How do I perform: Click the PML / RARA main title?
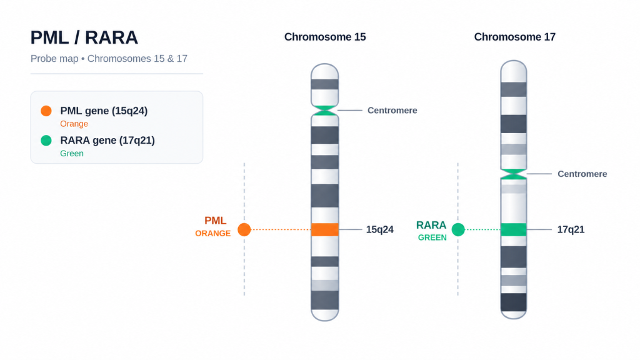(x=84, y=37)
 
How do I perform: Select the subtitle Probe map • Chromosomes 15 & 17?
(x=109, y=59)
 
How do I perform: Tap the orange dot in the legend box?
(x=46, y=111)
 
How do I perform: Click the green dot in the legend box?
(x=46, y=141)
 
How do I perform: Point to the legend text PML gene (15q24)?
(x=104, y=111)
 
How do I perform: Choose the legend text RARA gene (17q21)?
(x=107, y=141)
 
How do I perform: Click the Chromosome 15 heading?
(x=325, y=37)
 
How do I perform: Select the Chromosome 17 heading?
(x=515, y=37)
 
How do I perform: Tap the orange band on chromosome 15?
(x=325, y=229)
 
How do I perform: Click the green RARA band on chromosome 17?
(x=514, y=229)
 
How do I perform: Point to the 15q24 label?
(x=379, y=229)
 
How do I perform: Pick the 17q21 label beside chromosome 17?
(x=571, y=229)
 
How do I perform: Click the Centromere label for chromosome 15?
(x=392, y=111)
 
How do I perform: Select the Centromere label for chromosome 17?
(x=582, y=174)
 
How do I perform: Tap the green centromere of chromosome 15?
(x=325, y=110)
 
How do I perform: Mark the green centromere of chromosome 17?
(x=514, y=174)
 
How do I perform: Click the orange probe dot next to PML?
(x=244, y=229)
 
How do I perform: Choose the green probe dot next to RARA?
(x=458, y=229)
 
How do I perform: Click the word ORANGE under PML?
(x=212, y=234)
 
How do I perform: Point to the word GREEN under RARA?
(x=432, y=237)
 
